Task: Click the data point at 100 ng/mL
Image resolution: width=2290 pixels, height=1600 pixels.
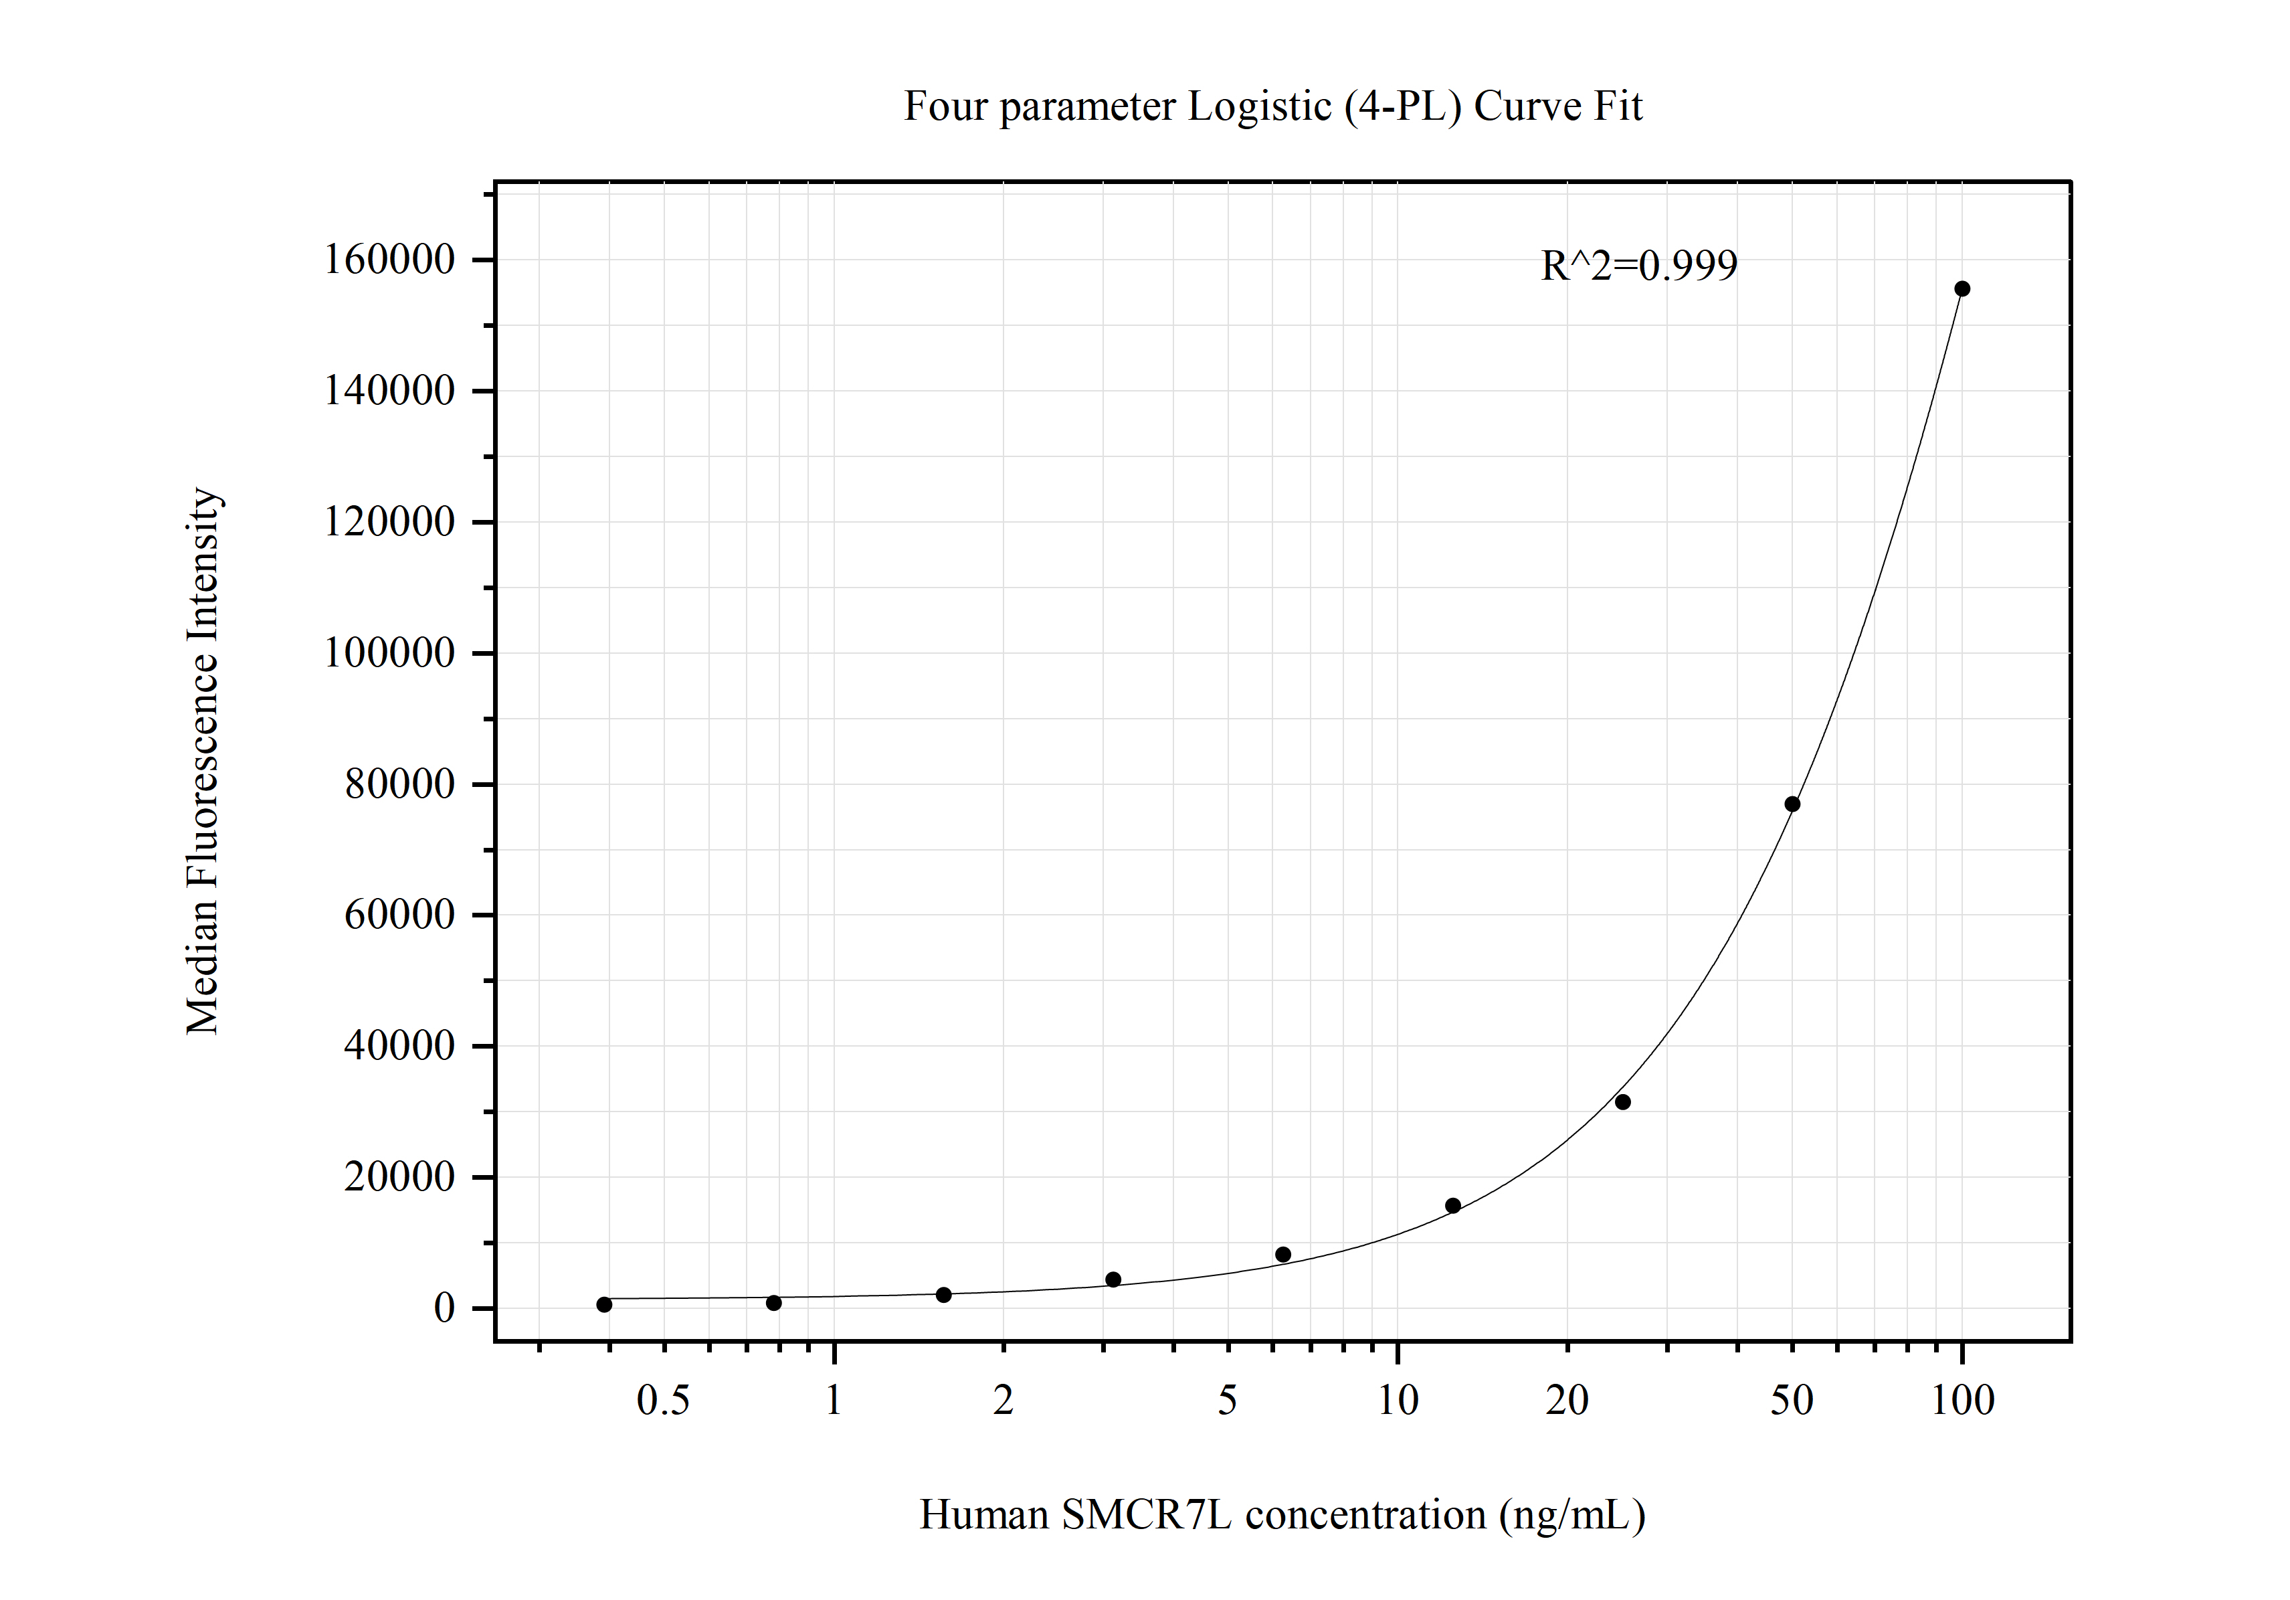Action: pos(1962,289)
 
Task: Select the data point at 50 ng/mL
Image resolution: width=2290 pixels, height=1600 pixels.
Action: pos(1792,804)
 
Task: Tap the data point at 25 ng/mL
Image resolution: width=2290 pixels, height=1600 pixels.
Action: pos(1623,1102)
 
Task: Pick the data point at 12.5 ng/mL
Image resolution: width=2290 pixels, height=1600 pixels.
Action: pos(1453,1206)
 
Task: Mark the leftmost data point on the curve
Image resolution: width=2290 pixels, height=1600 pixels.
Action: pos(604,1305)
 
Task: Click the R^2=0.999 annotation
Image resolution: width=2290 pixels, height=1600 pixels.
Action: pos(1638,266)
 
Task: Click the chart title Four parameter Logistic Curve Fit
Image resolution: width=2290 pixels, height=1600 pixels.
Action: pos(1272,106)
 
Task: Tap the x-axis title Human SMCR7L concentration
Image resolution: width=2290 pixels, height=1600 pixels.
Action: pos(1282,1514)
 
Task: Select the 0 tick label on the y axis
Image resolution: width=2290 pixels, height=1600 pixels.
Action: pos(444,1308)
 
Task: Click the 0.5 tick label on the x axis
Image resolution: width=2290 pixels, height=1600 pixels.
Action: pos(663,1401)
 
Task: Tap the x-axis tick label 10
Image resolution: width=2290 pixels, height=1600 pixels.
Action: pos(1398,1401)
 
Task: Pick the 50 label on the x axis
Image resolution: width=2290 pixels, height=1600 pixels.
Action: pos(1792,1401)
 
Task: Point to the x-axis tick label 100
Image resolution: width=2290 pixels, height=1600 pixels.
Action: pos(1962,1401)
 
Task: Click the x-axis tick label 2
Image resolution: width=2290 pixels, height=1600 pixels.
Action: pos(1004,1401)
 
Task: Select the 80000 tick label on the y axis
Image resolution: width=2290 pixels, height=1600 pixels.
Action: pos(400,784)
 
